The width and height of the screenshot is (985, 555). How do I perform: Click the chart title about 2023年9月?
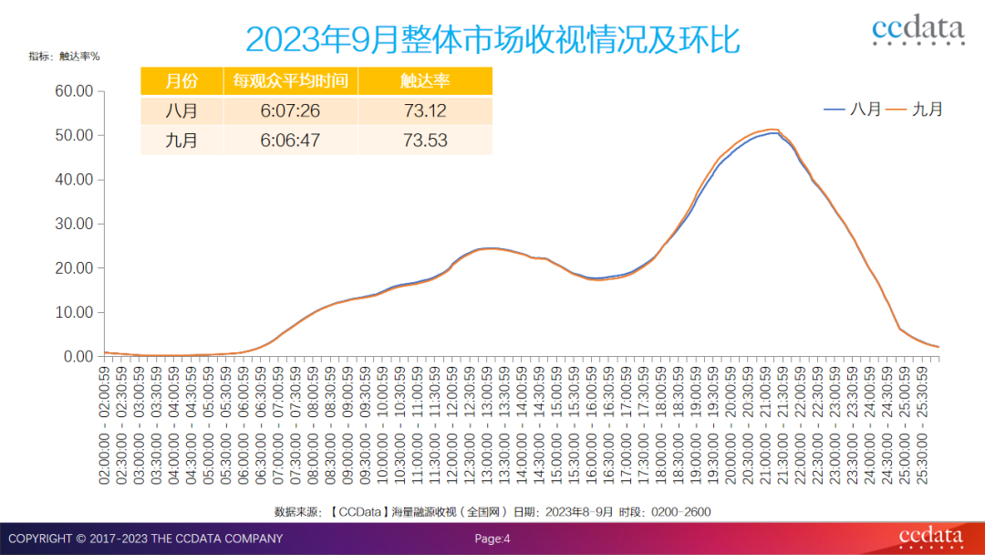pyautogui.click(x=493, y=39)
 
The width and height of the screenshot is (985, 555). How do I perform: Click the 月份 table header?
pyautogui.click(x=181, y=80)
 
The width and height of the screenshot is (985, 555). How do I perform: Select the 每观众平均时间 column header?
pyautogui.click(x=290, y=80)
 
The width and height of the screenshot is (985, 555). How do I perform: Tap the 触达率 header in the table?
pyautogui.click(x=425, y=80)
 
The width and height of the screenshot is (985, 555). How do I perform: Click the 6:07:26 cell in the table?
pyautogui.click(x=290, y=110)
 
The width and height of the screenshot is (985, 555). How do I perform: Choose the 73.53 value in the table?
pyautogui.click(x=425, y=141)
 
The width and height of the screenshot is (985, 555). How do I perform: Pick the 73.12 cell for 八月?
pyautogui.click(x=425, y=110)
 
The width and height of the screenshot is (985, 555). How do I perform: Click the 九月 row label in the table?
pyautogui.click(x=181, y=141)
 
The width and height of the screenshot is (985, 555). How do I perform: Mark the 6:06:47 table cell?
pyautogui.click(x=290, y=141)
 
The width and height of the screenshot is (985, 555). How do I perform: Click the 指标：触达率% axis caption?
pyautogui.click(x=64, y=56)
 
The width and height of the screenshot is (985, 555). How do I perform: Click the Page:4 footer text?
pyautogui.click(x=493, y=539)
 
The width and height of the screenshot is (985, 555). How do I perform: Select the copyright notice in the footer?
pyautogui.click(x=145, y=539)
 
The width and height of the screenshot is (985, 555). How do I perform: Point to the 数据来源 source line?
pyautogui.click(x=493, y=512)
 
